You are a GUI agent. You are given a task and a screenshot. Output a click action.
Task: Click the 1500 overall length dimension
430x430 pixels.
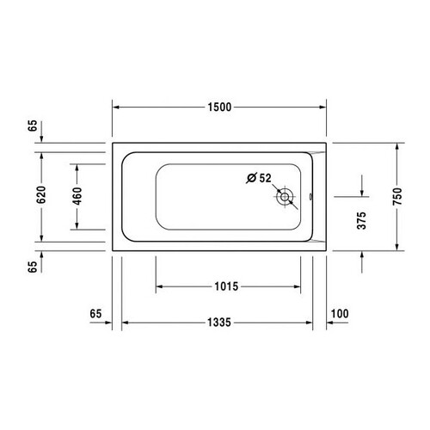(219, 107)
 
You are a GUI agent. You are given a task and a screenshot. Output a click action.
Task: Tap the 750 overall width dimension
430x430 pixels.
(397, 196)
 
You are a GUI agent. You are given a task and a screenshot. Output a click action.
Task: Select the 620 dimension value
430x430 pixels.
(41, 194)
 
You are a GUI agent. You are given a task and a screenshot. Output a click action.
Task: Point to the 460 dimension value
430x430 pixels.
(77, 196)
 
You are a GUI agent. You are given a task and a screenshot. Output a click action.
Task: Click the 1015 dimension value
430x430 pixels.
(226, 286)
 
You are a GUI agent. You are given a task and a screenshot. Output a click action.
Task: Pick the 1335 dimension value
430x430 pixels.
(219, 322)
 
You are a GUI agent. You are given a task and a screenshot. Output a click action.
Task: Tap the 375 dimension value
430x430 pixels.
(362, 221)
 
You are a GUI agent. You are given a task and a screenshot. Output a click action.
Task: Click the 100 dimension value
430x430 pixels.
(340, 314)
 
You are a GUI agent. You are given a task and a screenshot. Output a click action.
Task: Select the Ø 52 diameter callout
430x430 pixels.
(259, 178)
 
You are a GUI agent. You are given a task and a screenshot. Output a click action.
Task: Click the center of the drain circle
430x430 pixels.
(285, 197)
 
